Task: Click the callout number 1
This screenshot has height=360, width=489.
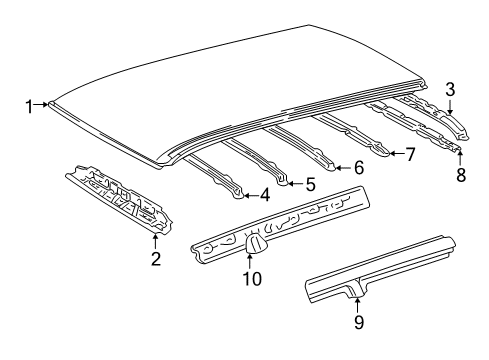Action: [31, 104]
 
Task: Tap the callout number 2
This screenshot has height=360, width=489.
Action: [156, 261]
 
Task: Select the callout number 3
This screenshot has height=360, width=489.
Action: [451, 88]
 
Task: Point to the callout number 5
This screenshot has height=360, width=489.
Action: [311, 184]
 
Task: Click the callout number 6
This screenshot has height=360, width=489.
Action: [359, 169]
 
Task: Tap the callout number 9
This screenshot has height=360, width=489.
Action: [359, 321]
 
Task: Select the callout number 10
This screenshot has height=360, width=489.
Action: [252, 279]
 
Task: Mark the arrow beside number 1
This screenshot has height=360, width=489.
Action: [43, 104]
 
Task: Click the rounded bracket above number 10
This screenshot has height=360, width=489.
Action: [253, 243]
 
